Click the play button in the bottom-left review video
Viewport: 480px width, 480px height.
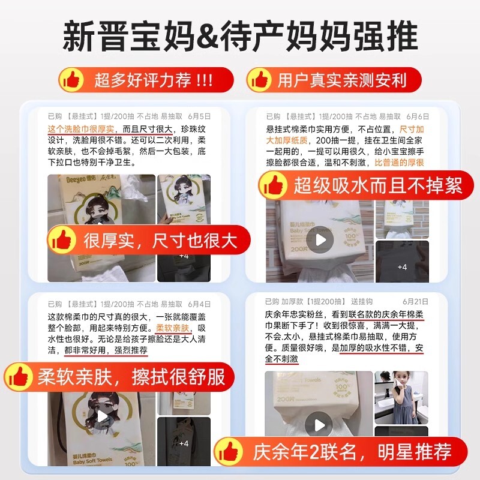point(102,415)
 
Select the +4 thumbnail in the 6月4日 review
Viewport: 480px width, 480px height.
point(184,443)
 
